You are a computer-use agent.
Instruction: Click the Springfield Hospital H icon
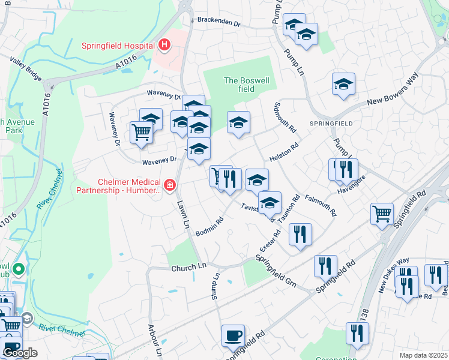[x=164, y=44]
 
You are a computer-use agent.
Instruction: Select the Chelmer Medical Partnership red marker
[x=170, y=185]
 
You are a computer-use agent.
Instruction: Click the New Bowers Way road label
[x=392, y=94]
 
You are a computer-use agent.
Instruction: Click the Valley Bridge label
[x=26, y=68]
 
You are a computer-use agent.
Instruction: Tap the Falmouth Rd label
[x=319, y=206]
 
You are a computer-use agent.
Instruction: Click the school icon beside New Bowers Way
[x=343, y=84]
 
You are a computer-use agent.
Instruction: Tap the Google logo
[x=20, y=353]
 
